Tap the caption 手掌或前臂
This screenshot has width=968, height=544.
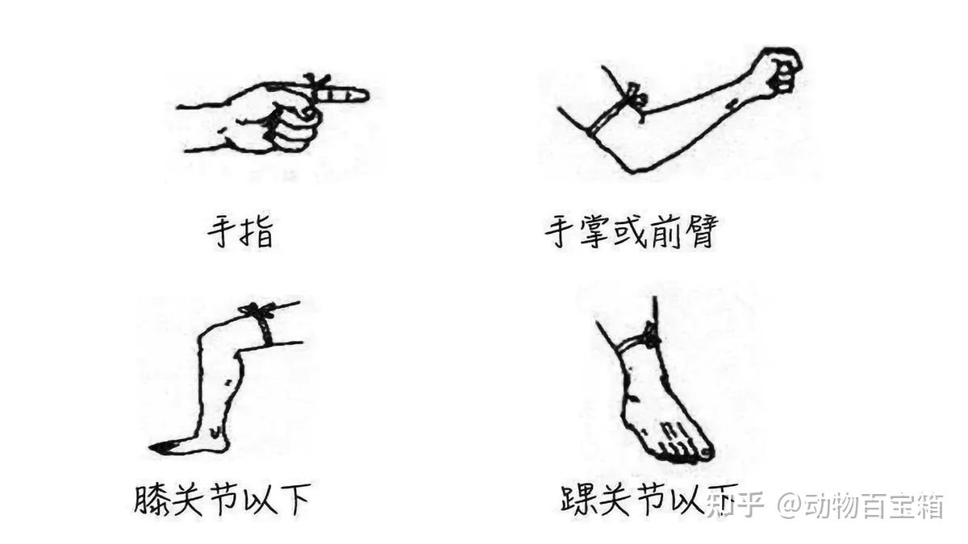632,232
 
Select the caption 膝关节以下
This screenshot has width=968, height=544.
222,500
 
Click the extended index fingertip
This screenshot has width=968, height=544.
363,95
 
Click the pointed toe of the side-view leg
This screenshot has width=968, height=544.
159,448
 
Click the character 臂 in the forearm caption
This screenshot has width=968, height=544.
702,232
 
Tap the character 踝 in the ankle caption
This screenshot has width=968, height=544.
580,500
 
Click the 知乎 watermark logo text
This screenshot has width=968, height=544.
736,505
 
